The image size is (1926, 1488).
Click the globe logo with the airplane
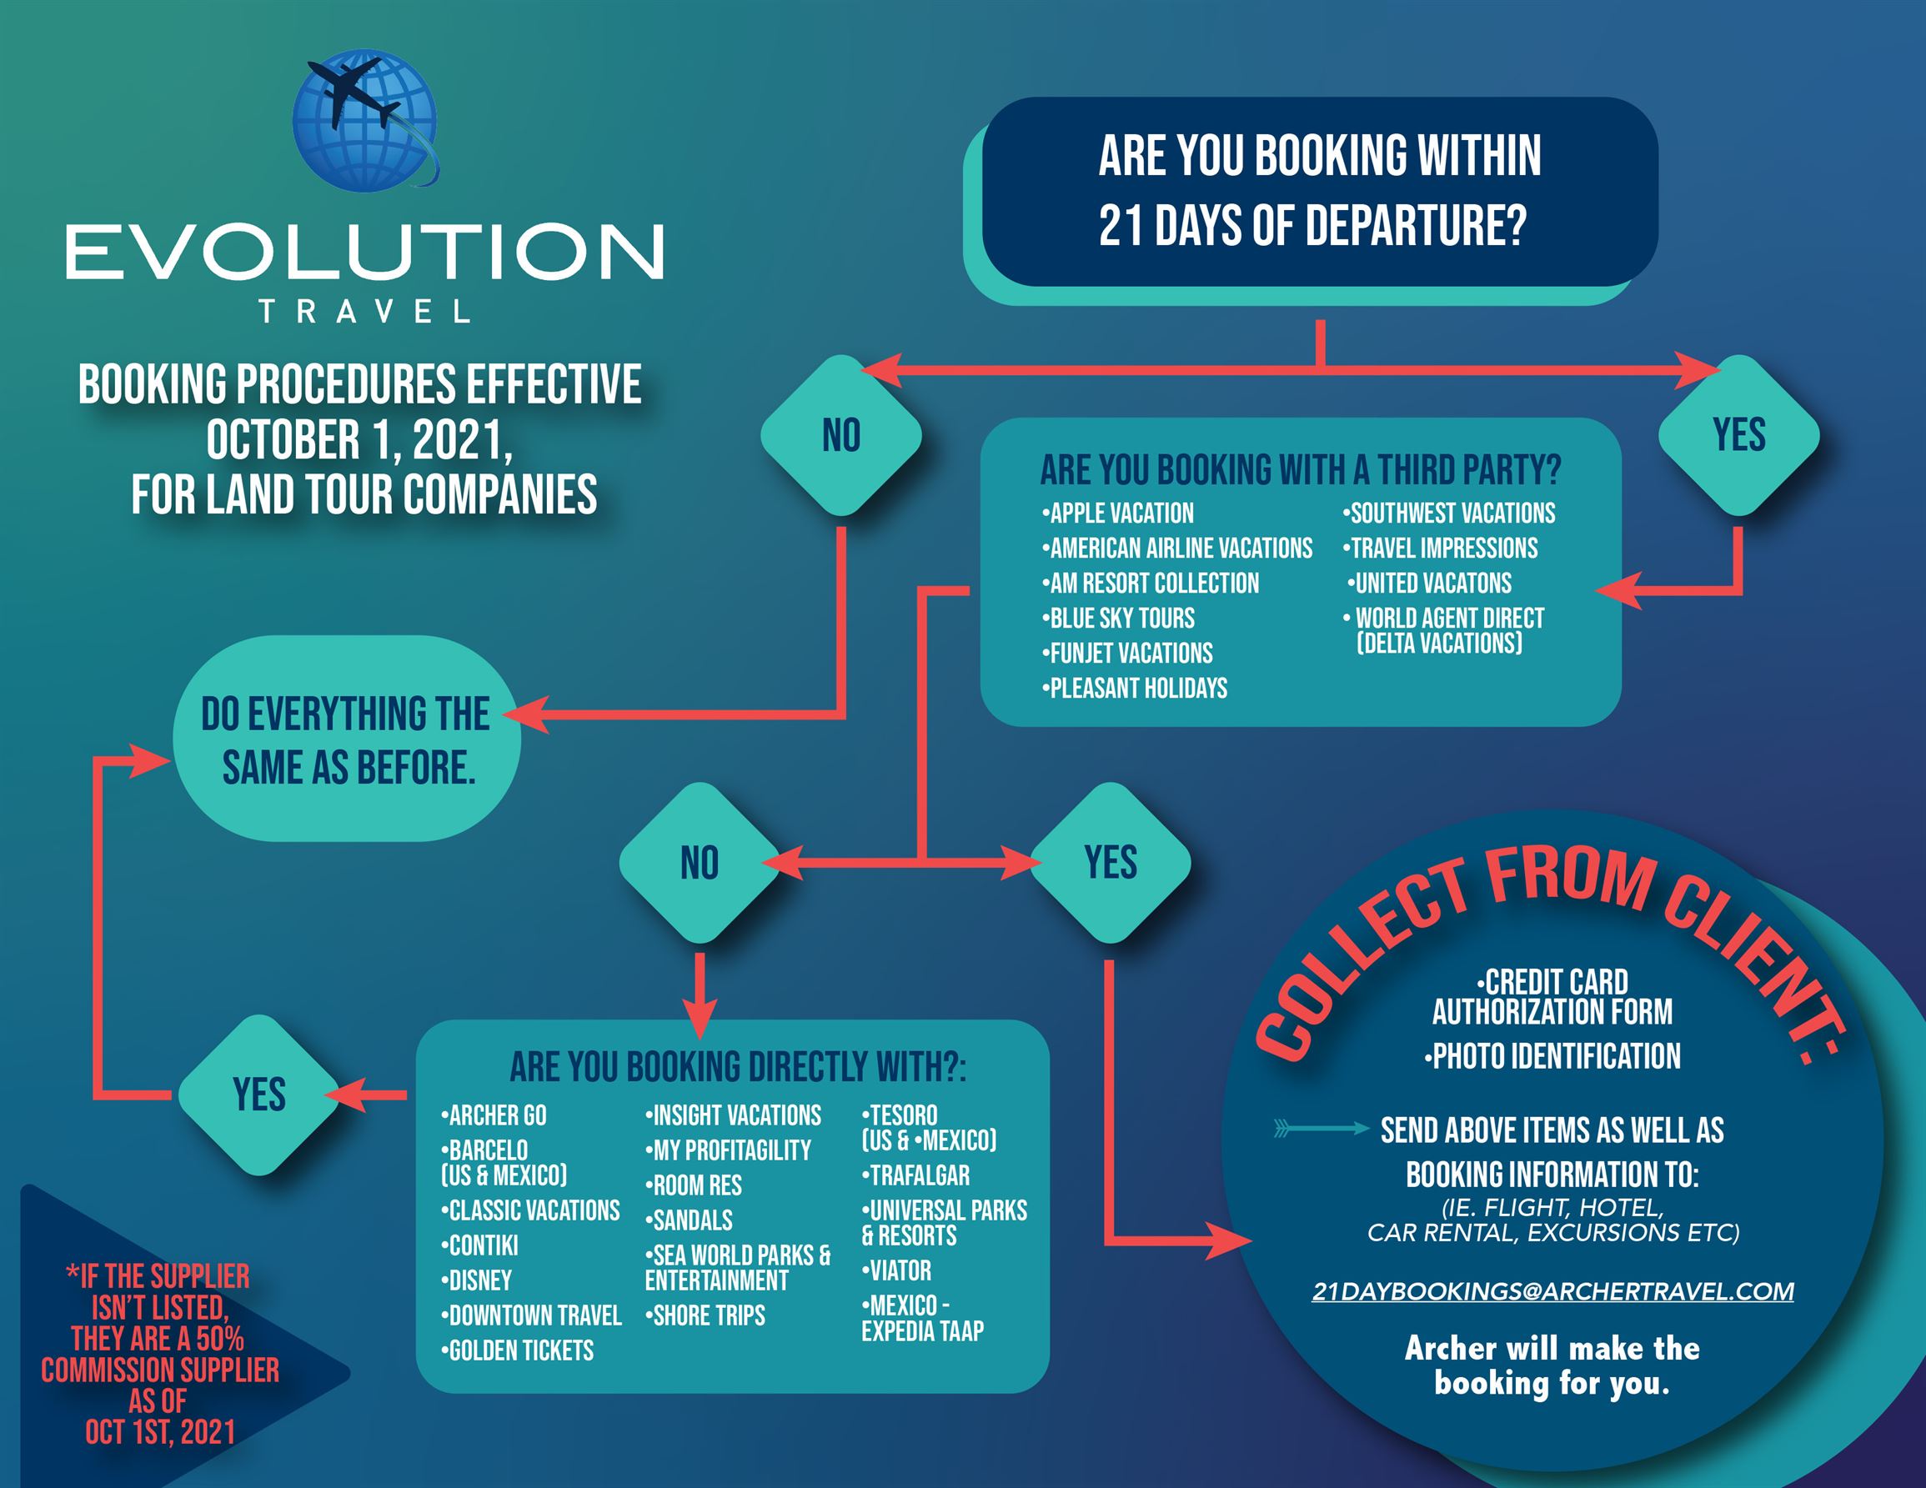point(365,120)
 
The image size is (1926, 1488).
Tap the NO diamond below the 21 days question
point(841,435)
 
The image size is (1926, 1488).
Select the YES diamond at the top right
point(1739,435)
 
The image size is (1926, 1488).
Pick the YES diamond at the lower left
point(259,1095)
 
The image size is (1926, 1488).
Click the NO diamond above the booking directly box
point(700,863)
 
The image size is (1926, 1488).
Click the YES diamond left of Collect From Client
point(1111,863)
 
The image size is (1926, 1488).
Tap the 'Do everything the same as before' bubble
point(347,739)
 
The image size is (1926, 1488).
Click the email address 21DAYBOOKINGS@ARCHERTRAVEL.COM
point(1553,1291)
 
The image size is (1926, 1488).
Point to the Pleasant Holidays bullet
point(1134,689)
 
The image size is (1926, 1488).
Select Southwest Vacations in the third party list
point(1449,513)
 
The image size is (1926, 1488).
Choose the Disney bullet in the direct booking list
point(476,1280)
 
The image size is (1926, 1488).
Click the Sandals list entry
point(689,1220)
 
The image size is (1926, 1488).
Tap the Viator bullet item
point(896,1270)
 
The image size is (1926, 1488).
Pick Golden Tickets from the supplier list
point(517,1350)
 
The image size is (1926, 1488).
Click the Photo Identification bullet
point(1552,1056)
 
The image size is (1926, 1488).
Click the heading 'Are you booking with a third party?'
point(1301,470)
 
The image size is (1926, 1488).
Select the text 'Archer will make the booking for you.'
point(1552,1365)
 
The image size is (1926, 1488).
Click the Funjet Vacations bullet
point(1127,654)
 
